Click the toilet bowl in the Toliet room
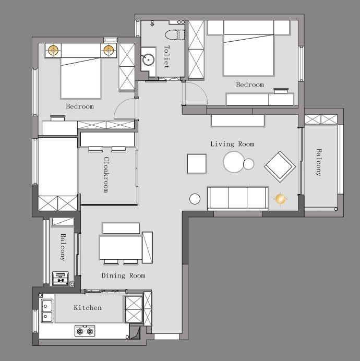tap(175, 35)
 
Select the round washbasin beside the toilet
tap(148, 59)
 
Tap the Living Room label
tap(232, 144)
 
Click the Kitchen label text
tap(88, 308)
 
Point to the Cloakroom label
tap(106, 175)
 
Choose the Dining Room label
tap(123, 275)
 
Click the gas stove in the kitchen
tap(85, 331)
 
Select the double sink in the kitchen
tap(47, 311)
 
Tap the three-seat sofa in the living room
tap(238, 198)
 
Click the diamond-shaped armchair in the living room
tap(280, 166)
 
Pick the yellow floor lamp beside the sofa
tap(280, 199)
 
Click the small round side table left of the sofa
tap(195, 199)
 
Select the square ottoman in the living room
tap(197, 164)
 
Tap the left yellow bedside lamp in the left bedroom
tap(53, 50)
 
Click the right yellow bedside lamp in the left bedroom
tap(109, 50)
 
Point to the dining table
tap(121, 248)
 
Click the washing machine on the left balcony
tap(61, 279)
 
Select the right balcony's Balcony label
tap(318, 162)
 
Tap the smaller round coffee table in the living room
tap(249, 164)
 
